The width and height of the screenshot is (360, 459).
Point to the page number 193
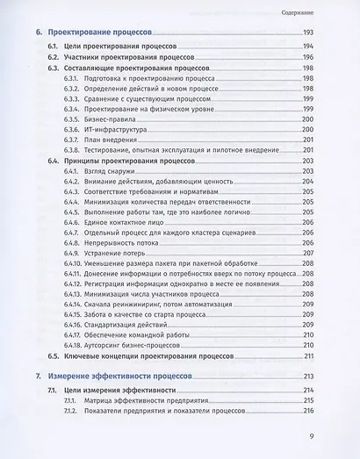pos(308,32)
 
